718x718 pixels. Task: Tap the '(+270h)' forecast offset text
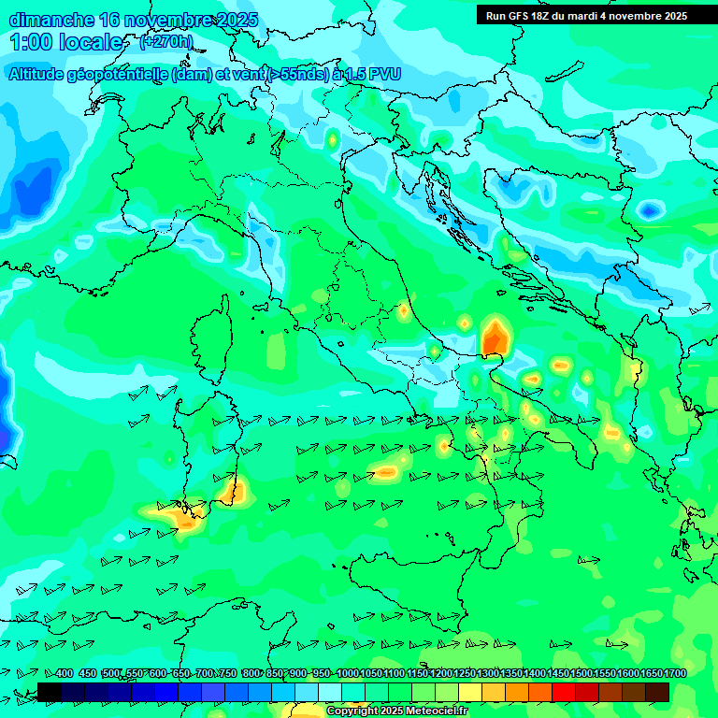coord(165,41)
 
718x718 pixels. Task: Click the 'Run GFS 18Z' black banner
coord(586,15)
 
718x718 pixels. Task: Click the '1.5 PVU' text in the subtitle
coord(374,75)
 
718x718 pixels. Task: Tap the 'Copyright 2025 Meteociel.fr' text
coord(396,711)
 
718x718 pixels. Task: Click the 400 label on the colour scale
coord(65,674)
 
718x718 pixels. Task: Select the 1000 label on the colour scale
coord(348,674)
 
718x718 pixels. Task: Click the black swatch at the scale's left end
coord(49,692)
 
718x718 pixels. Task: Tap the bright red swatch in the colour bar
coord(564,692)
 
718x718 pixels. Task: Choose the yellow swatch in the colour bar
coord(470,692)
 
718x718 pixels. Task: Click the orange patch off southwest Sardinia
coord(183,517)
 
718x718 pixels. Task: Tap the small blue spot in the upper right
coord(647,211)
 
